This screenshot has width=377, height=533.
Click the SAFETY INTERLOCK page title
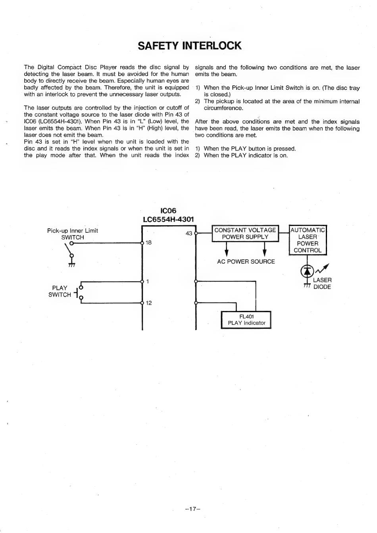click(189, 46)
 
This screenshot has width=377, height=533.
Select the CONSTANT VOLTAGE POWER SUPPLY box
click(245, 234)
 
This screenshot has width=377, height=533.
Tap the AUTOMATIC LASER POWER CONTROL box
click(308, 240)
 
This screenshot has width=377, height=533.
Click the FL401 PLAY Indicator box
click(246, 320)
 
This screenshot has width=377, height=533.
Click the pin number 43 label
click(188, 233)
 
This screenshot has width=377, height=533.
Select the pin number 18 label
click(149, 242)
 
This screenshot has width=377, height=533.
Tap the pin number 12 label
click(149, 303)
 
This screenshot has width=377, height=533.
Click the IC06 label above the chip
click(168, 210)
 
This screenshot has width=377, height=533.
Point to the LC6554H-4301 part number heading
click(168, 220)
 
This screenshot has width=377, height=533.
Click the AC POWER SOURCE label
click(246, 262)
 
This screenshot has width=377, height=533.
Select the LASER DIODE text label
click(322, 284)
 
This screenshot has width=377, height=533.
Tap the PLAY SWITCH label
click(59, 291)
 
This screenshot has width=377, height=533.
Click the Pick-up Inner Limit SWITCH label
click(73, 234)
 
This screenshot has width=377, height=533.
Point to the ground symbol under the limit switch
click(72, 265)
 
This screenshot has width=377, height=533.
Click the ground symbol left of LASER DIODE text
click(307, 285)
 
